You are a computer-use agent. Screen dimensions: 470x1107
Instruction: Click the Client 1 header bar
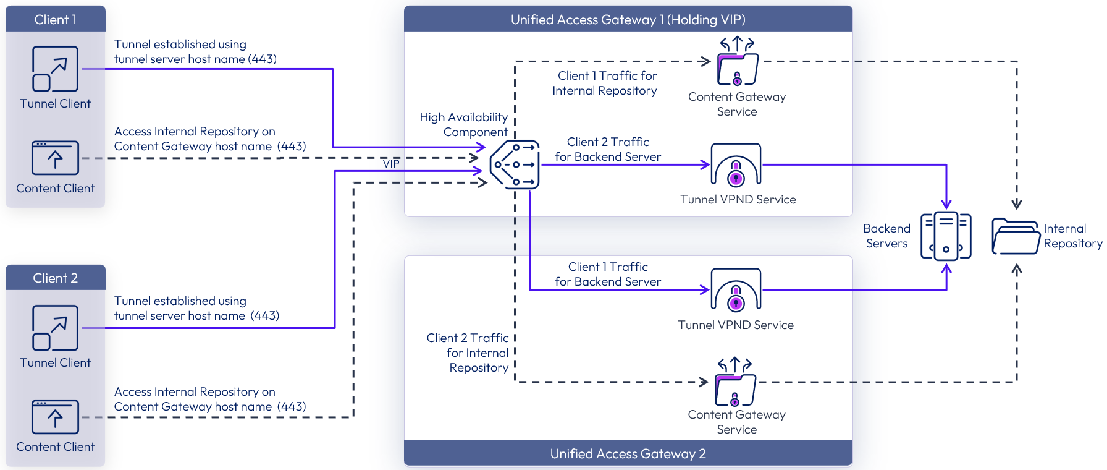56,19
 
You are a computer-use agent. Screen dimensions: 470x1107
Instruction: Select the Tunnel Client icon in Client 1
56,69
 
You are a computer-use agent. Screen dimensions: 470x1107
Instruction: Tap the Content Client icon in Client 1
56,158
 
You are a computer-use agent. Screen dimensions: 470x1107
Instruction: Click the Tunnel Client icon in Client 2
56,328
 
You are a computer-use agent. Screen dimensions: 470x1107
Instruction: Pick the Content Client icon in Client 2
56,417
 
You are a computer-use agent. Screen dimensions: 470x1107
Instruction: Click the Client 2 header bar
56,278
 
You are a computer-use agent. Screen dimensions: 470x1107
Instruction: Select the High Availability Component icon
515,164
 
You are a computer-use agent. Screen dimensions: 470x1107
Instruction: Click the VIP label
391,164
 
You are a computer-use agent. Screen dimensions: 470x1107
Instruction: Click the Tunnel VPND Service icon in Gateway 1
736,165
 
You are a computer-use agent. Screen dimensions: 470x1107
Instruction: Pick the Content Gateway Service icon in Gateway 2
735,383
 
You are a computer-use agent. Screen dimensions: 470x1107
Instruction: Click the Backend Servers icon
946,236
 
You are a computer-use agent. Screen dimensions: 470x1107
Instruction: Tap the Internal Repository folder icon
1016,236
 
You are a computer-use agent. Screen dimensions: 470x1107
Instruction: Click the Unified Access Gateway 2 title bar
628,453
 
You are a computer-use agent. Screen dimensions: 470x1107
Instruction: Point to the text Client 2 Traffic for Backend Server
608,149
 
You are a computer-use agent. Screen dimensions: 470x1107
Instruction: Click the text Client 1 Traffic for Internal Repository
605,83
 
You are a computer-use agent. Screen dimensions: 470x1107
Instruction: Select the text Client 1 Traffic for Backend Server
608,274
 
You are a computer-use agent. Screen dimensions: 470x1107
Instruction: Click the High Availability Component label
464,124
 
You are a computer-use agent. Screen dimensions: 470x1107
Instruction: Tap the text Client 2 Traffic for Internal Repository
468,352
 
